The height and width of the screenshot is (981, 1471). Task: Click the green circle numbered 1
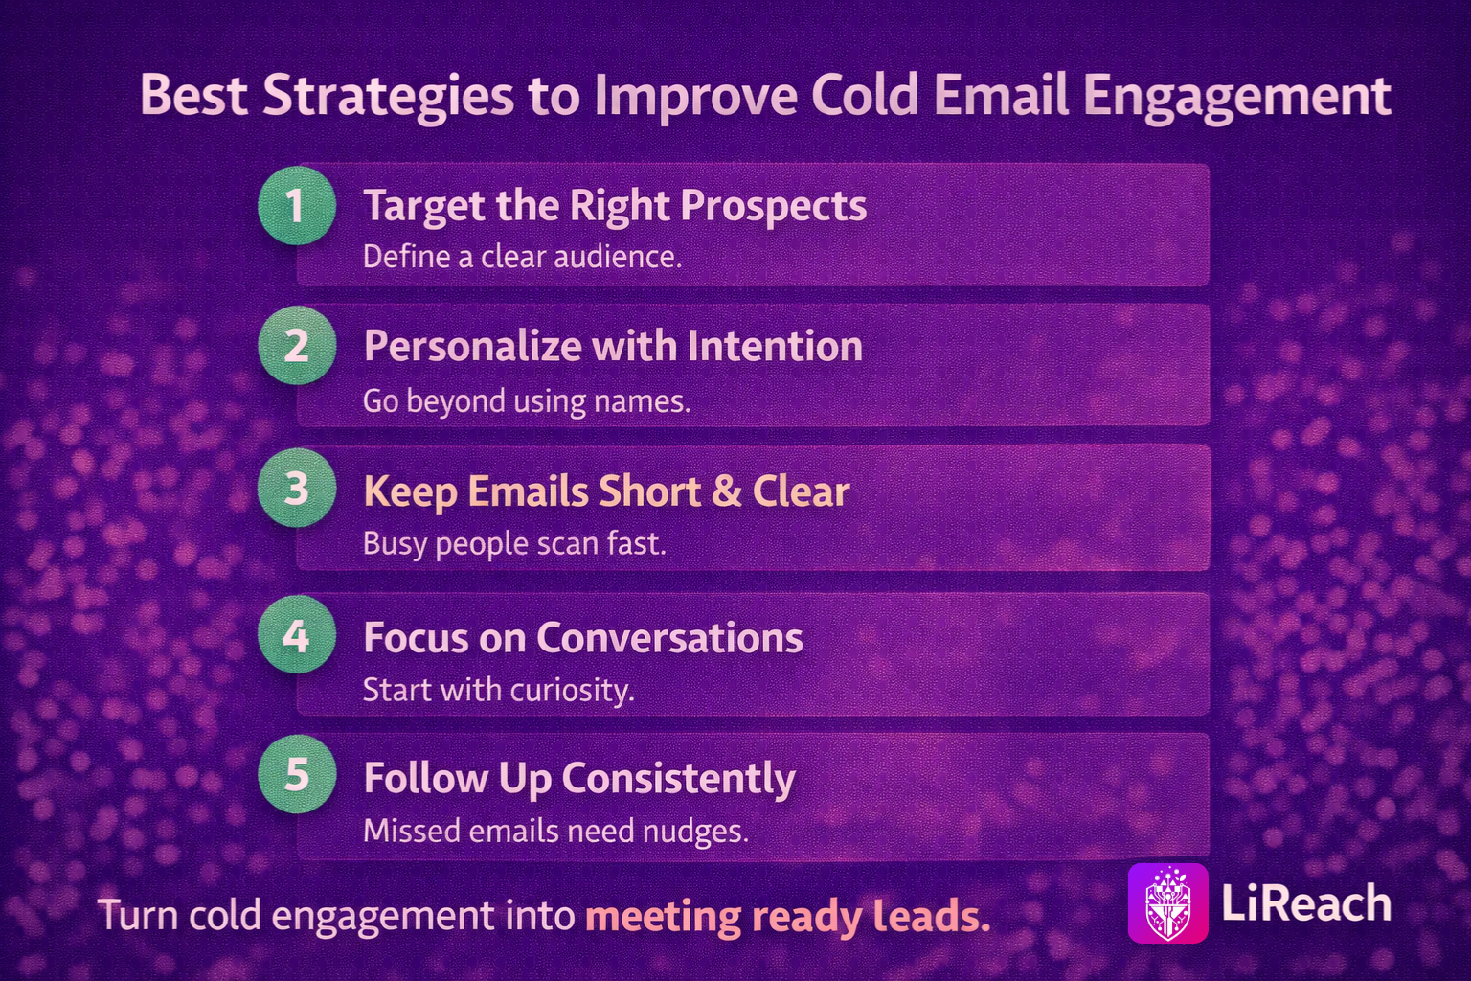297,206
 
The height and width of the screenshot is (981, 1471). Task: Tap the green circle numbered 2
297,346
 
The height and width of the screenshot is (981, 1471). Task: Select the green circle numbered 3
297,489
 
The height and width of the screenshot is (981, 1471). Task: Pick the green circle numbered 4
297,635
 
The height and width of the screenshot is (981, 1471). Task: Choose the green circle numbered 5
297,775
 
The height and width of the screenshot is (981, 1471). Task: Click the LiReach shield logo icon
1167,903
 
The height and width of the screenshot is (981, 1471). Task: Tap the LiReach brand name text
1306,903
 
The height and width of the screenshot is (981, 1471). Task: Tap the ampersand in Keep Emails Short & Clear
726,490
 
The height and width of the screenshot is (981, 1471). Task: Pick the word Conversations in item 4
669,637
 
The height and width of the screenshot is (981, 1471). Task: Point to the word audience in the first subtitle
618,256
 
